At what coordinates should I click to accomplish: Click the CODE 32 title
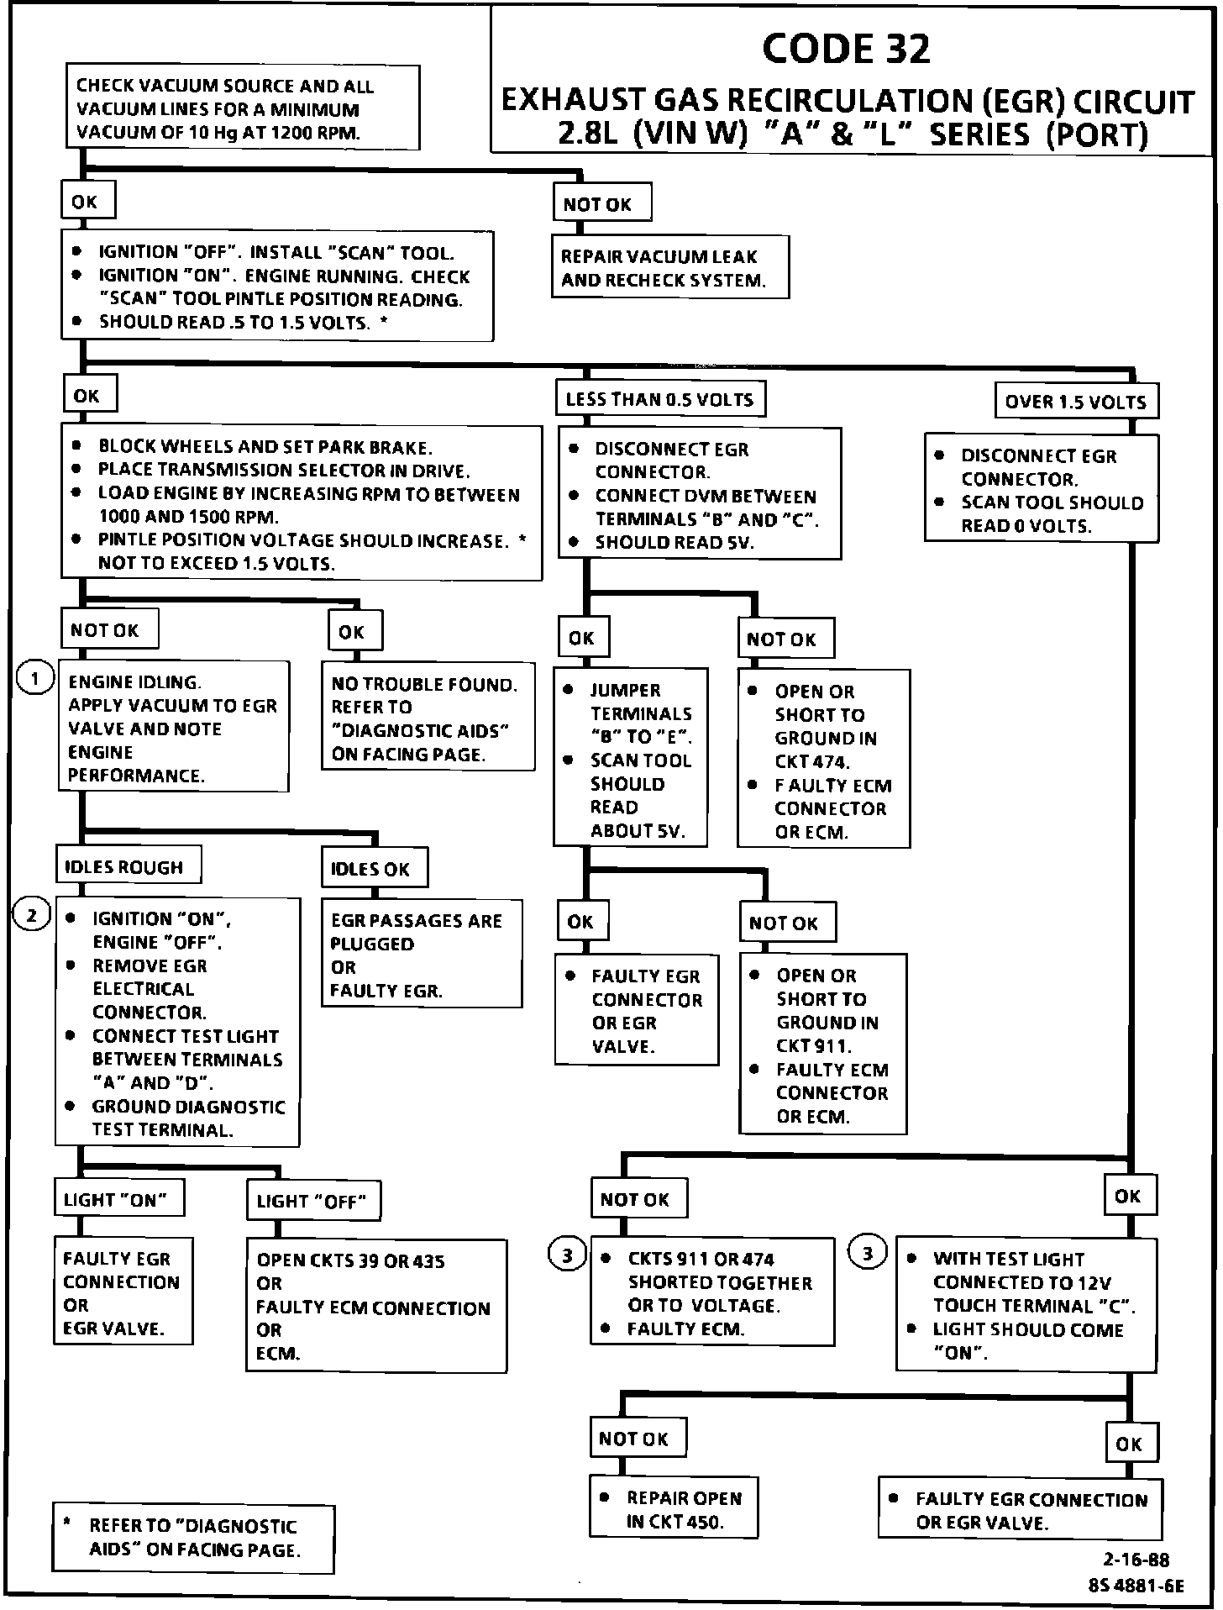[x=846, y=49]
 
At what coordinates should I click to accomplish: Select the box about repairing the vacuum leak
[x=669, y=267]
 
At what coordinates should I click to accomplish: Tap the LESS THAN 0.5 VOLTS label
[x=659, y=399]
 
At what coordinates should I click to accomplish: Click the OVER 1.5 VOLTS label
[x=1075, y=402]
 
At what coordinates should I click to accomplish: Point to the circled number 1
[x=34, y=678]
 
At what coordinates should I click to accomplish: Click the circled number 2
[x=32, y=914]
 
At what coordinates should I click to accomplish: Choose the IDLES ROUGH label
[x=128, y=866]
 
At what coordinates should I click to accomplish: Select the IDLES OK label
[x=373, y=869]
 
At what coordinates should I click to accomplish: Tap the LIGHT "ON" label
[x=119, y=1199]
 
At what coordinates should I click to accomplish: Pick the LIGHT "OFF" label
[x=312, y=1201]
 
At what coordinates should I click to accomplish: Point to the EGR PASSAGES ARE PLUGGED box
[x=421, y=955]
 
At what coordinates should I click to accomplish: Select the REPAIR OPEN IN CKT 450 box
[x=673, y=1508]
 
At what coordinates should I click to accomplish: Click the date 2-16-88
[x=1136, y=1560]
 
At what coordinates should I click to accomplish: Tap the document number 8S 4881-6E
[x=1136, y=1586]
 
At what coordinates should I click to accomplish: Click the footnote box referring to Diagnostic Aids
[x=193, y=1538]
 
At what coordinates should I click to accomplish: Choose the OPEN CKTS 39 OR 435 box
[x=375, y=1306]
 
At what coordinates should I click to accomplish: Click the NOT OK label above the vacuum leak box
[x=601, y=204]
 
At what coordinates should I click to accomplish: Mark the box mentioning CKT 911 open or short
[x=822, y=1044]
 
